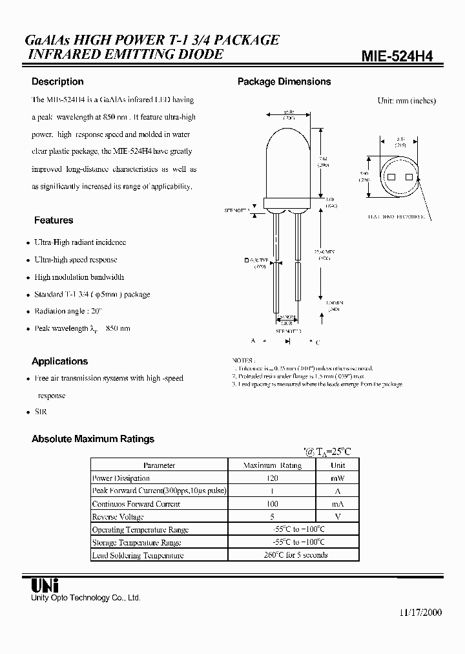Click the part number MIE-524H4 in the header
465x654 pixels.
click(x=397, y=56)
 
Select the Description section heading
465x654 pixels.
click(x=57, y=82)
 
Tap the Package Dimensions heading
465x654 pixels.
click(x=284, y=82)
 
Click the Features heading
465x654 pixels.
click(x=54, y=220)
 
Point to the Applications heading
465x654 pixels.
click(x=59, y=361)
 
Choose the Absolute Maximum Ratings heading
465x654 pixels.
click(x=93, y=439)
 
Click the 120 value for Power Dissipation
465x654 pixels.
click(x=272, y=478)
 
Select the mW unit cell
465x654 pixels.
click(x=338, y=478)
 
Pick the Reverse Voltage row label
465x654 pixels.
click(x=118, y=517)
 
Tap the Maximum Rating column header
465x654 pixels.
click(x=272, y=465)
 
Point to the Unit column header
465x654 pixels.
click(x=338, y=465)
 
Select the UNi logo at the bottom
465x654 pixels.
click(x=45, y=585)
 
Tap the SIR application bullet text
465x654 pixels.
click(x=40, y=412)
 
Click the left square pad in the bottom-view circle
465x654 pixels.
click(x=390, y=177)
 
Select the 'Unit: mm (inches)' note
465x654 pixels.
click(x=406, y=101)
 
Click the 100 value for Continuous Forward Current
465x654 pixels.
click(x=272, y=504)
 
